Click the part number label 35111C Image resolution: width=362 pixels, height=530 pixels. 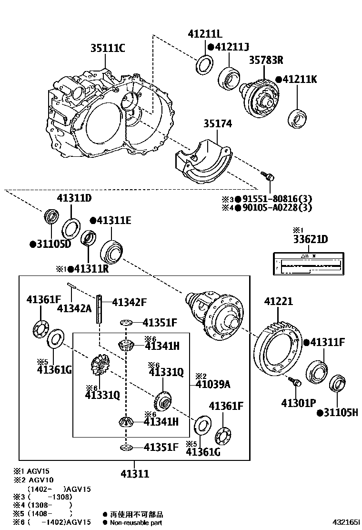tap(108, 48)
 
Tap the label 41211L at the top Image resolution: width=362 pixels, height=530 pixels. tap(205, 34)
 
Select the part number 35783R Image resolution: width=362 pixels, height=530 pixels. tap(266, 60)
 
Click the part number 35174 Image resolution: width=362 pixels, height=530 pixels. tap(218, 124)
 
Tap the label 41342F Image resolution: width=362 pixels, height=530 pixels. tap(129, 302)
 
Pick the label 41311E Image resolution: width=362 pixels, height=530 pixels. tap(114, 220)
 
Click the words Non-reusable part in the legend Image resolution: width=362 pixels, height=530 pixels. tap(136, 522)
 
